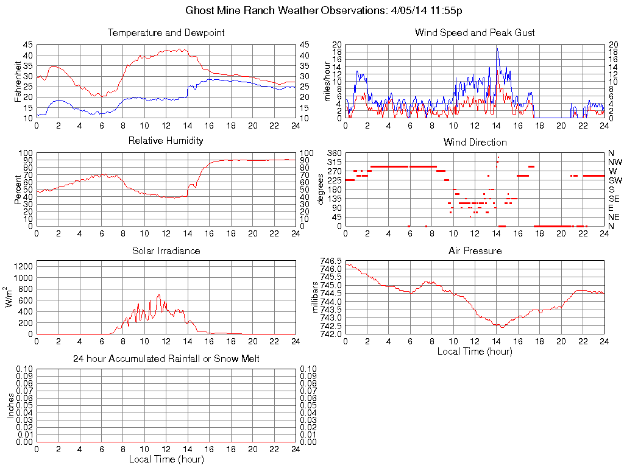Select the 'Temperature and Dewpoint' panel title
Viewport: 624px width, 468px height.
166,33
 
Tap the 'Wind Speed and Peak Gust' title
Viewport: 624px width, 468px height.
475,33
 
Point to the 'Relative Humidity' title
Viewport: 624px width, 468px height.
166,141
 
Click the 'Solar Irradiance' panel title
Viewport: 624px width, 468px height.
166,250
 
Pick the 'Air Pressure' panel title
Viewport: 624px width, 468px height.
475,250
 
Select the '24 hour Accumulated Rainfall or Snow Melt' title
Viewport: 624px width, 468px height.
166,359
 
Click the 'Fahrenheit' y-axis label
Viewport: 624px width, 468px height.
18,81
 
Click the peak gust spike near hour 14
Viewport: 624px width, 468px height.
497,49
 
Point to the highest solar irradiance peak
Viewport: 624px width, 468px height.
158,295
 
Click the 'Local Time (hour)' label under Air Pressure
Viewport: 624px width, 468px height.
475,351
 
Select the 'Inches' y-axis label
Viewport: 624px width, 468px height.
11,405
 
